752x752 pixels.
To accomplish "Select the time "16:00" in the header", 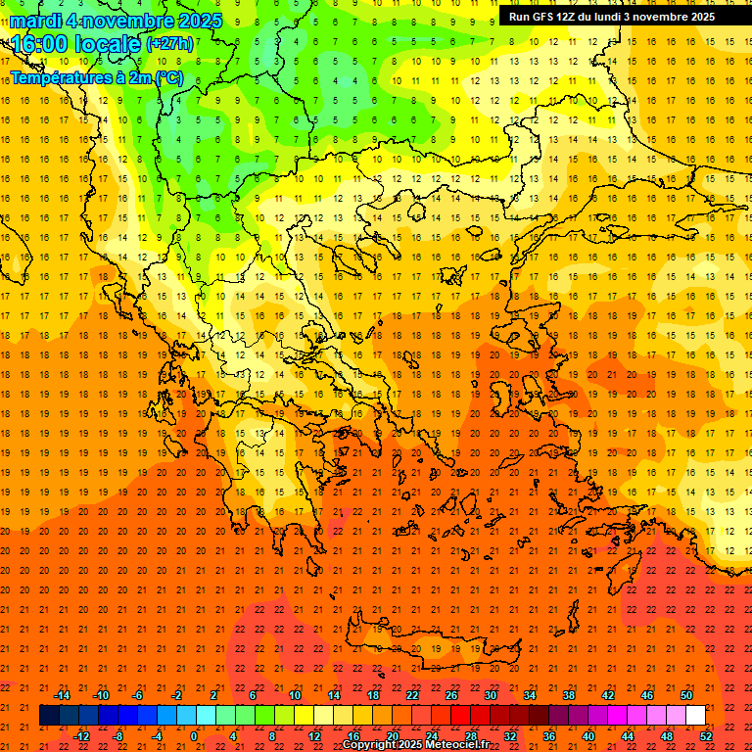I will point(39,44).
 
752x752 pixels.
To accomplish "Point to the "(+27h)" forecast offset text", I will point(169,44).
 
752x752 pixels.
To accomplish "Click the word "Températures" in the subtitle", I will point(58,77).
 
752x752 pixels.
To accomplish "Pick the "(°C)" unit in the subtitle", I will point(168,77).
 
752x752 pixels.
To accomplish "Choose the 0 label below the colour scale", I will point(194,735).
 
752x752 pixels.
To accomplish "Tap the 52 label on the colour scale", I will point(707,735).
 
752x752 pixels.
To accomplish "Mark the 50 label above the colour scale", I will point(686,695).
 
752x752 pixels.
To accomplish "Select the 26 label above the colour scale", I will point(451,695).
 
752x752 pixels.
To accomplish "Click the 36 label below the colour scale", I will point(549,735).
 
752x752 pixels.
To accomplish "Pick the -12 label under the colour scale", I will point(82,735).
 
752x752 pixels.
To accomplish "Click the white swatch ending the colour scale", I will point(696,715).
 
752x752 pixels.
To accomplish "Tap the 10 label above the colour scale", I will point(294,695).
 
